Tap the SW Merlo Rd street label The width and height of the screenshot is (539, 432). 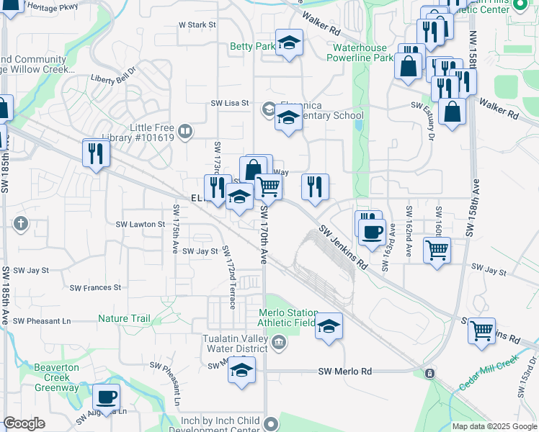(x=345, y=372)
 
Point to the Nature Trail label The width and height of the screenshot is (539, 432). (x=124, y=319)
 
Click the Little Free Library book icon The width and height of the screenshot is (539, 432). (x=186, y=131)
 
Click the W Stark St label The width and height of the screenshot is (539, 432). (x=197, y=24)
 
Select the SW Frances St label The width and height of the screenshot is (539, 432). (x=95, y=287)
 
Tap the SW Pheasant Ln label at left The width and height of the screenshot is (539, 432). (x=43, y=320)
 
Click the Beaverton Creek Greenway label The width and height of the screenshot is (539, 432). (x=56, y=377)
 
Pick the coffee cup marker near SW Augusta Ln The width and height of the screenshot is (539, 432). (x=107, y=397)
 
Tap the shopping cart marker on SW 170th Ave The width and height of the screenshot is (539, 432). (x=268, y=187)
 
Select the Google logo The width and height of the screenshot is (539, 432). (x=24, y=423)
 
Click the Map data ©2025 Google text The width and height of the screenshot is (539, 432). (x=494, y=426)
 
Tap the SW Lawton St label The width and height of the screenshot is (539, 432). (x=141, y=225)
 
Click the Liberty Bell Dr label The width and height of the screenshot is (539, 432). (x=113, y=76)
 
